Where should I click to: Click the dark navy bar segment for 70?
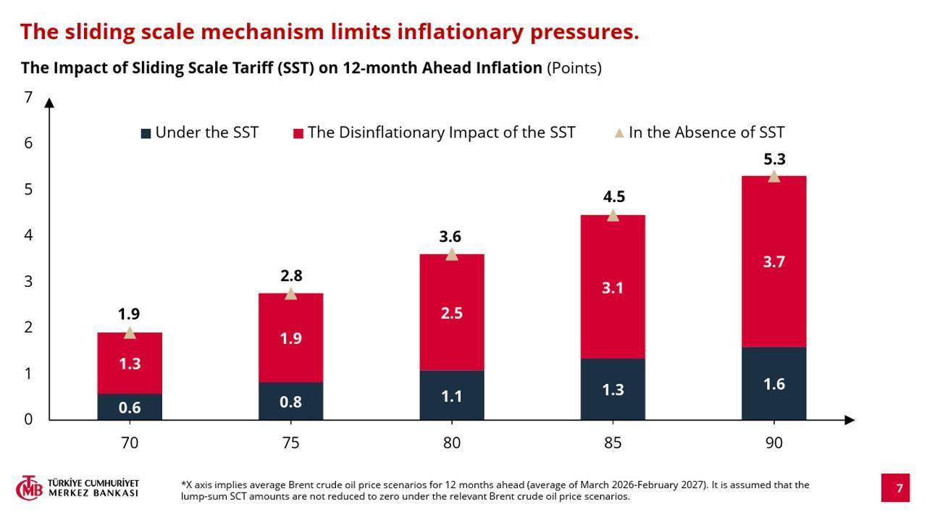(x=130, y=407)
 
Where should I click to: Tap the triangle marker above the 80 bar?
(x=452, y=254)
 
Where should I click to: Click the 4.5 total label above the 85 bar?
(x=613, y=197)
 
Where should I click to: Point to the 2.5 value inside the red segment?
(x=452, y=314)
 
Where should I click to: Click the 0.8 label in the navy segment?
(x=290, y=402)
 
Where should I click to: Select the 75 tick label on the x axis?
(x=290, y=443)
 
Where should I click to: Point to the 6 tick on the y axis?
(x=28, y=143)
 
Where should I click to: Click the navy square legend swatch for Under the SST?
(x=146, y=133)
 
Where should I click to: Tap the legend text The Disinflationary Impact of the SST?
(x=441, y=133)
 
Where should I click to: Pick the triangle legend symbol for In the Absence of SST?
(x=619, y=133)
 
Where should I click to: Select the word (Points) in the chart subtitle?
(x=574, y=68)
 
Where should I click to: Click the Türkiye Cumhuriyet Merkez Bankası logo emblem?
(x=29, y=488)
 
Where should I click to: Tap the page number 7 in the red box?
(x=899, y=488)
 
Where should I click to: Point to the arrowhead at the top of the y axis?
(x=49, y=102)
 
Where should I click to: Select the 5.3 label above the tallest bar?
(x=774, y=159)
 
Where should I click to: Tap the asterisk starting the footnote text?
(x=183, y=484)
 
